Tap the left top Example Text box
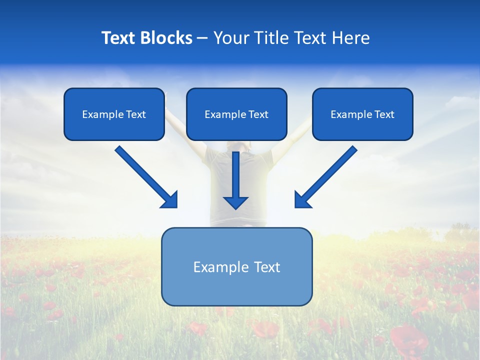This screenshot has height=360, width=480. tap(114, 114)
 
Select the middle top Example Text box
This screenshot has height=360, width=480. tap(236, 114)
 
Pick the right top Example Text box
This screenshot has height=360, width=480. tap(362, 114)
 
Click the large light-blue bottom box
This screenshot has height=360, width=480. tap(236, 267)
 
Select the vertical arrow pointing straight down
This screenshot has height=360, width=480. tap(235, 175)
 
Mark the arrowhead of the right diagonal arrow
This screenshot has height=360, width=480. tap(302, 200)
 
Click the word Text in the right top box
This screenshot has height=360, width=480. tap(384, 114)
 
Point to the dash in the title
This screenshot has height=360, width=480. tap(202, 38)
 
